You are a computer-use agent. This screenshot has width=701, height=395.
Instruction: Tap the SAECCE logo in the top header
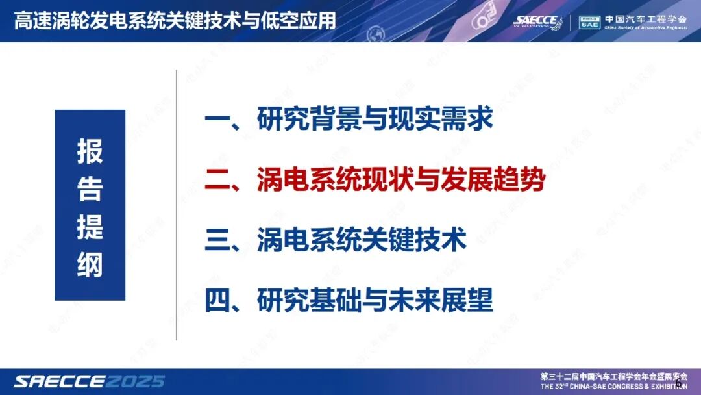pos(537,21)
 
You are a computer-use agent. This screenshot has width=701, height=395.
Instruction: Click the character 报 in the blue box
pos(90,152)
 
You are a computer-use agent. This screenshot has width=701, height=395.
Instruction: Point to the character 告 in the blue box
pos(90,189)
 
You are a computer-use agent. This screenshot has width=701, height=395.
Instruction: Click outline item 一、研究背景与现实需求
pos(349,120)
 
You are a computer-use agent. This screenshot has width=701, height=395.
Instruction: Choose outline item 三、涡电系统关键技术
pos(336,240)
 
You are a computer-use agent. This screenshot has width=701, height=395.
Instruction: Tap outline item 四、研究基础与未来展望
pos(349,300)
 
